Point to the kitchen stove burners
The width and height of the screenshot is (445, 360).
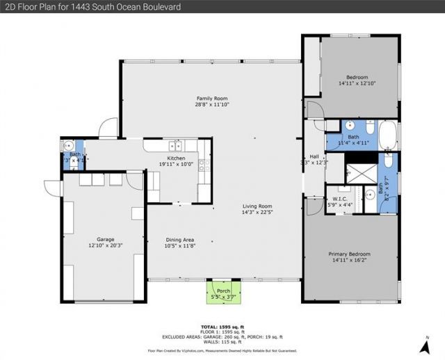coord(203,165)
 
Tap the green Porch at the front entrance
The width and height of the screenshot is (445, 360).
coord(223,291)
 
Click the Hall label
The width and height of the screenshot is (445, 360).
coord(314,157)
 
